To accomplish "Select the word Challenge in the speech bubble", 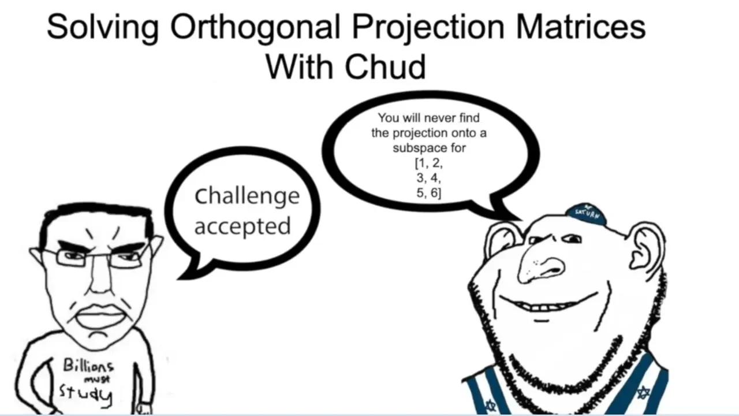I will [247, 196].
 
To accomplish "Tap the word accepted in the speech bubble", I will [242, 226].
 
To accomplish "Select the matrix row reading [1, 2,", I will [429, 164].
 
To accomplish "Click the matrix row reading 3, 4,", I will [429, 179].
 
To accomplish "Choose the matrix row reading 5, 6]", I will [429, 194].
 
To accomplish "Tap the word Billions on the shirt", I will [88, 366].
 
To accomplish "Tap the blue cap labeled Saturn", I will [586, 214].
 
